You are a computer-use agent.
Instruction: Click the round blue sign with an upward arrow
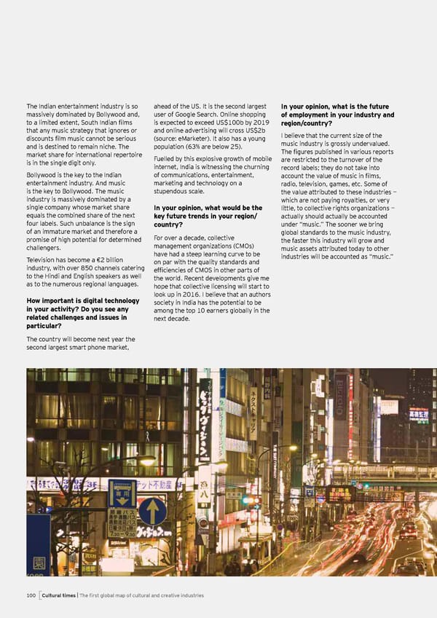tap(152, 510)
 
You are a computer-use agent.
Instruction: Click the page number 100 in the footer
tap(30, 595)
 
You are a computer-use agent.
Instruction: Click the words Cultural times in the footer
tap(60, 595)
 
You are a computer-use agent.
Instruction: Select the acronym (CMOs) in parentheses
tap(240, 245)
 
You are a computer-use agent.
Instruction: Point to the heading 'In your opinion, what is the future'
tap(337, 106)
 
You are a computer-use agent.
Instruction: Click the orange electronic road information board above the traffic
tap(341, 493)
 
